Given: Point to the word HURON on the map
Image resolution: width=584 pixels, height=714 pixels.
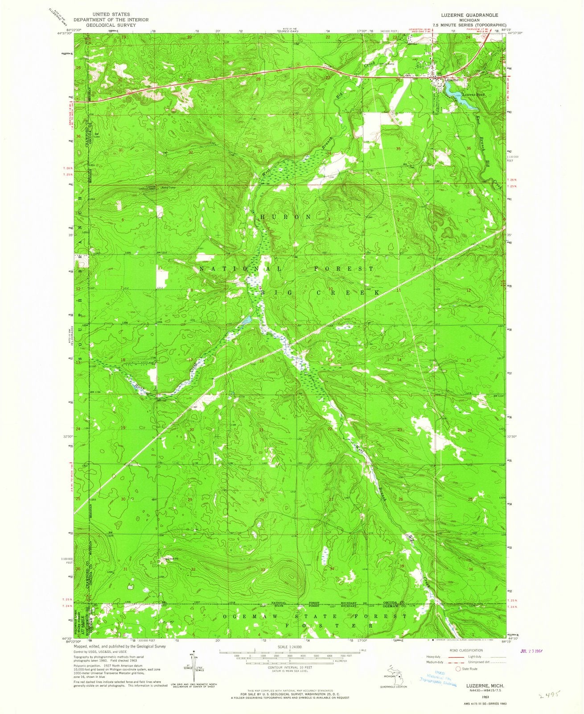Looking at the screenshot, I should [285, 216].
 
